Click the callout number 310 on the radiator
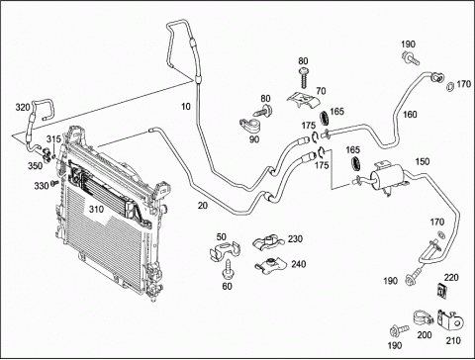pos(96,209)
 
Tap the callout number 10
pos(186,107)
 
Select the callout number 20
pos(203,206)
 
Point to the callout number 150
pos(423,161)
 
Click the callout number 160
pos(410,115)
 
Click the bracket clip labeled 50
pos(225,249)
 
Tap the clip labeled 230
pos(268,242)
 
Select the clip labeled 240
pos(270,264)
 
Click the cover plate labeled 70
pos(303,99)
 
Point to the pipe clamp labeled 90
pos(249,126)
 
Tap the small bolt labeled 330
pos(54,183)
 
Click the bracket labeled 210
pos(450,318)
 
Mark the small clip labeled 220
pos(441,290)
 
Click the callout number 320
pos(23,108)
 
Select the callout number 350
pos(35,165)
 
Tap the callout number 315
pos(53,138)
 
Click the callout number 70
pos(321,90)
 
